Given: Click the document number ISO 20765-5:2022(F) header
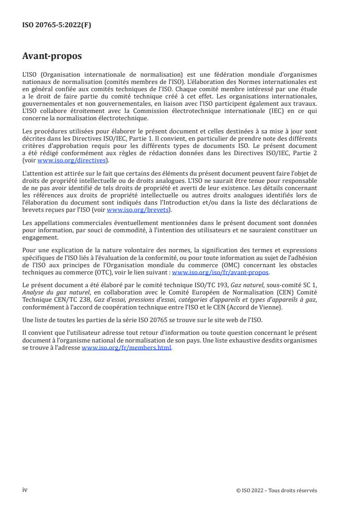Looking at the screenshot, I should (x=57, y=25).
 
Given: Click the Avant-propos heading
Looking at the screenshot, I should (x=52, y=56).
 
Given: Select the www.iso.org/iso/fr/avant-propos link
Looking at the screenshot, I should (x=221, y=273).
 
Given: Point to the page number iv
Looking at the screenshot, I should (x=25, y=490).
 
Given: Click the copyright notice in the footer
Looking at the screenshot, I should (x=277, y=490).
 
